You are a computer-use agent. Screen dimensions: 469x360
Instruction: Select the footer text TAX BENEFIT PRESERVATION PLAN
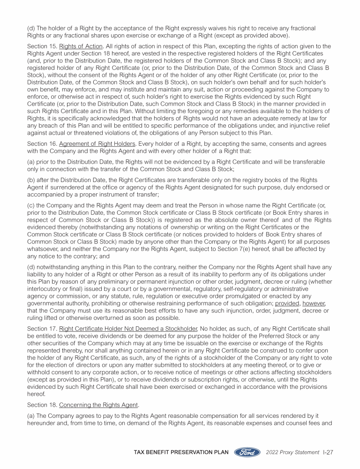coord(181,452)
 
